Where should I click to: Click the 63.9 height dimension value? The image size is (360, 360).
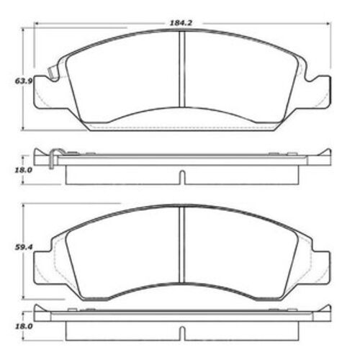(23, 81)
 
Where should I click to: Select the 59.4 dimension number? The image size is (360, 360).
(23, 248)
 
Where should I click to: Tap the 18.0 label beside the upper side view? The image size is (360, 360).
(23, 170)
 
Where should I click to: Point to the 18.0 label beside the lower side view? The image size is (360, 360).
(23, 326)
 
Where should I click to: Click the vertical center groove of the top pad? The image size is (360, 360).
(182, 69)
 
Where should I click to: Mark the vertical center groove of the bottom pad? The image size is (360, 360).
(182, 244)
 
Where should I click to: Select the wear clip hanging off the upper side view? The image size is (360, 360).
(53, 159)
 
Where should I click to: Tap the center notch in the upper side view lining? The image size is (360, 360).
(182, 177)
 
